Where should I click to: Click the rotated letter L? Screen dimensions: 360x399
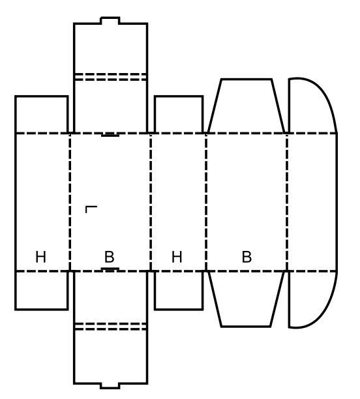tap(91, 209)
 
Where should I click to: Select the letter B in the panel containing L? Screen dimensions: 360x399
tap(110, 257)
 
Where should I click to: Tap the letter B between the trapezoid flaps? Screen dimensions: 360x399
tap(247, 257)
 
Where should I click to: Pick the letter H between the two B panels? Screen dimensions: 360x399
tap(177, 257)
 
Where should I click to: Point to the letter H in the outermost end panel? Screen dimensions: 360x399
tap(40, 257)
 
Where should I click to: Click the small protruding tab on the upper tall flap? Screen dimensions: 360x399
tap(110, 20)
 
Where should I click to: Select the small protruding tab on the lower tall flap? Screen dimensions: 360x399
tap(110, 386)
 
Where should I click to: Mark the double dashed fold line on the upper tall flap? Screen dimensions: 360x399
tap(110, 77)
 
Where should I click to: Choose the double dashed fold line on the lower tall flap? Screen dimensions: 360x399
tap(110, 327)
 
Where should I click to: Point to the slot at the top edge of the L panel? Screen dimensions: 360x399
tap(110, 134)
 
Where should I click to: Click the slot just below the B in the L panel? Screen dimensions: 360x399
tap(110, 269)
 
